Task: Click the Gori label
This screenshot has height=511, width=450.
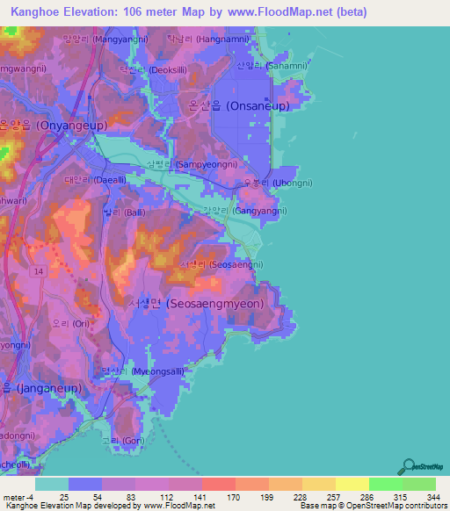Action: pos(122,441)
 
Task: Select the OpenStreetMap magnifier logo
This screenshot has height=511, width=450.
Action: pos(408,467)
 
